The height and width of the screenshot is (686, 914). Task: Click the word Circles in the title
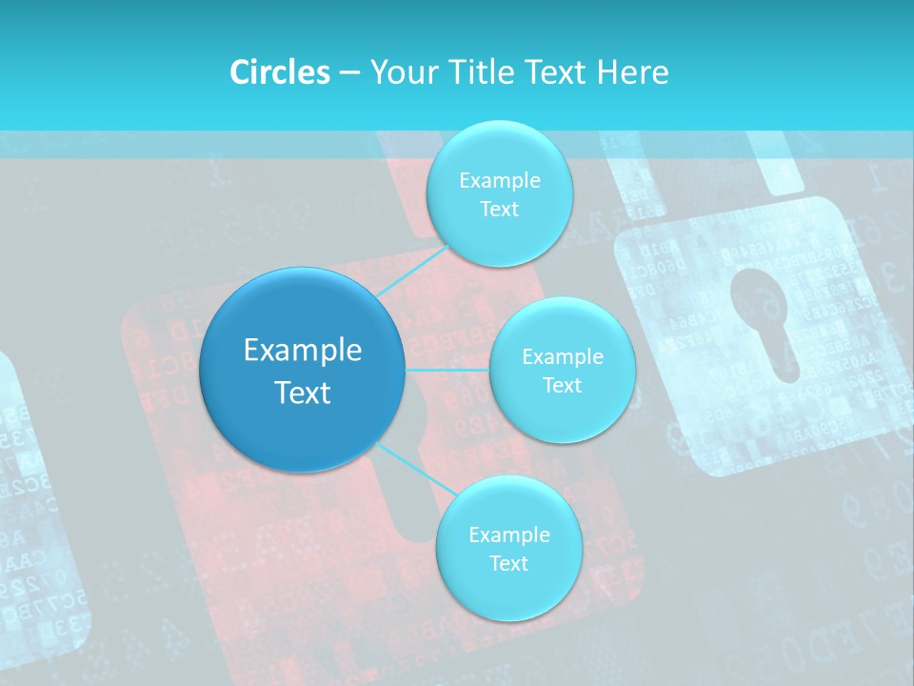(x=280, y=72)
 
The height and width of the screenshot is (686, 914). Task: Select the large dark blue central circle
(x=302, y=370)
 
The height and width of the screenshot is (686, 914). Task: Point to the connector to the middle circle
(x=447, y=369)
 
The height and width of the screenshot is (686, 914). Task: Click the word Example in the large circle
(x=302, y=351)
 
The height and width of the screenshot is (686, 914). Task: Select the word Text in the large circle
(x=302, y=393)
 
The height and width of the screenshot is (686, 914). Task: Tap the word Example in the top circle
(x=499, y=181)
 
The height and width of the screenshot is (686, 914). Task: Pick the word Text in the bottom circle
(x=508, y=563)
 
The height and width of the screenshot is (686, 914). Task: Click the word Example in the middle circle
(x=562, y=357)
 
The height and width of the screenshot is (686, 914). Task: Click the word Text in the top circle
(x=499, y=210)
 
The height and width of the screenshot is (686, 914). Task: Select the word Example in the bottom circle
(x=508, y=535)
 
